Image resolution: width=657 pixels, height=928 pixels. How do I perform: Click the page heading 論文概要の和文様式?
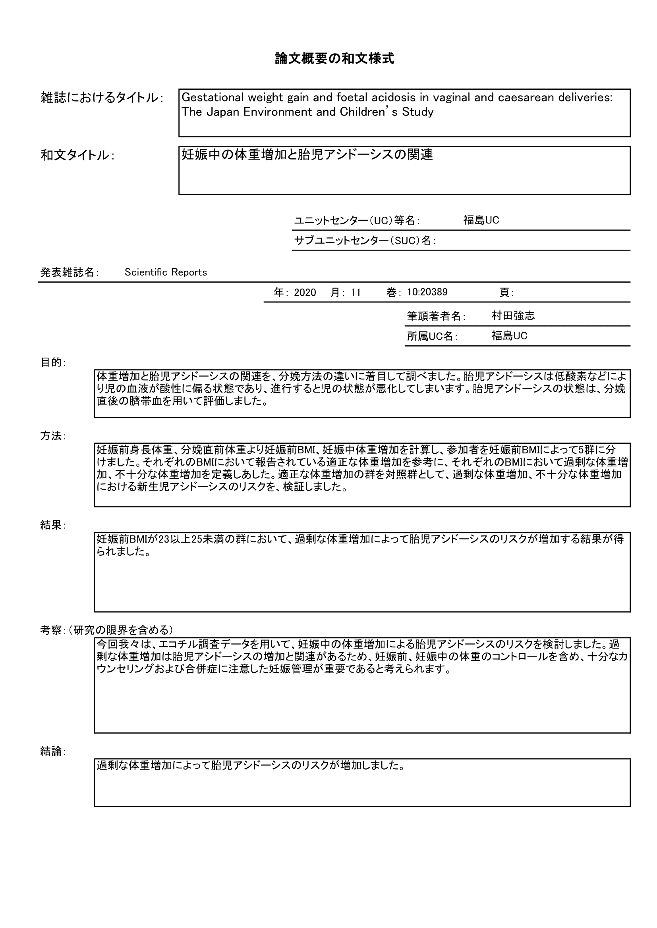pyautogui.click(x=334, y=59)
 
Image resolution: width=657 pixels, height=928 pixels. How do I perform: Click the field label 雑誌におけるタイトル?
pyautogui.click(x=101, y=98)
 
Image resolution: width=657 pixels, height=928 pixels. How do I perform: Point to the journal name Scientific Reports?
pyautogui.click(x=166, y=272)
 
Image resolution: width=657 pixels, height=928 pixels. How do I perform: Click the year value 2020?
pyautogui.click(x=305, y=293)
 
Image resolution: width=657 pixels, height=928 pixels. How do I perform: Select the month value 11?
pyautogui.click(x=356, y=293)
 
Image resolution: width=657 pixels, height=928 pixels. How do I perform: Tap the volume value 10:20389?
pyautogui.click(x=427, y=292)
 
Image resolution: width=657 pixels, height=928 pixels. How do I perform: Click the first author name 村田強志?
pyautogui.click(x=513, y=316)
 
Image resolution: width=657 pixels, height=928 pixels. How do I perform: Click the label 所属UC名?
pyautogui.click(x=432, y=336)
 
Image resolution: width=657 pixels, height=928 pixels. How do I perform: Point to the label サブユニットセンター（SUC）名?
pyautogui.click(x=365, y=241)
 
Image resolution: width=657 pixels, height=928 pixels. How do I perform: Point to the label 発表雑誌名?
pyautogui.click(x=69, y=272)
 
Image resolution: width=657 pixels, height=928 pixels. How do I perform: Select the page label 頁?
pyautogui.click(x=506, y=293)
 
